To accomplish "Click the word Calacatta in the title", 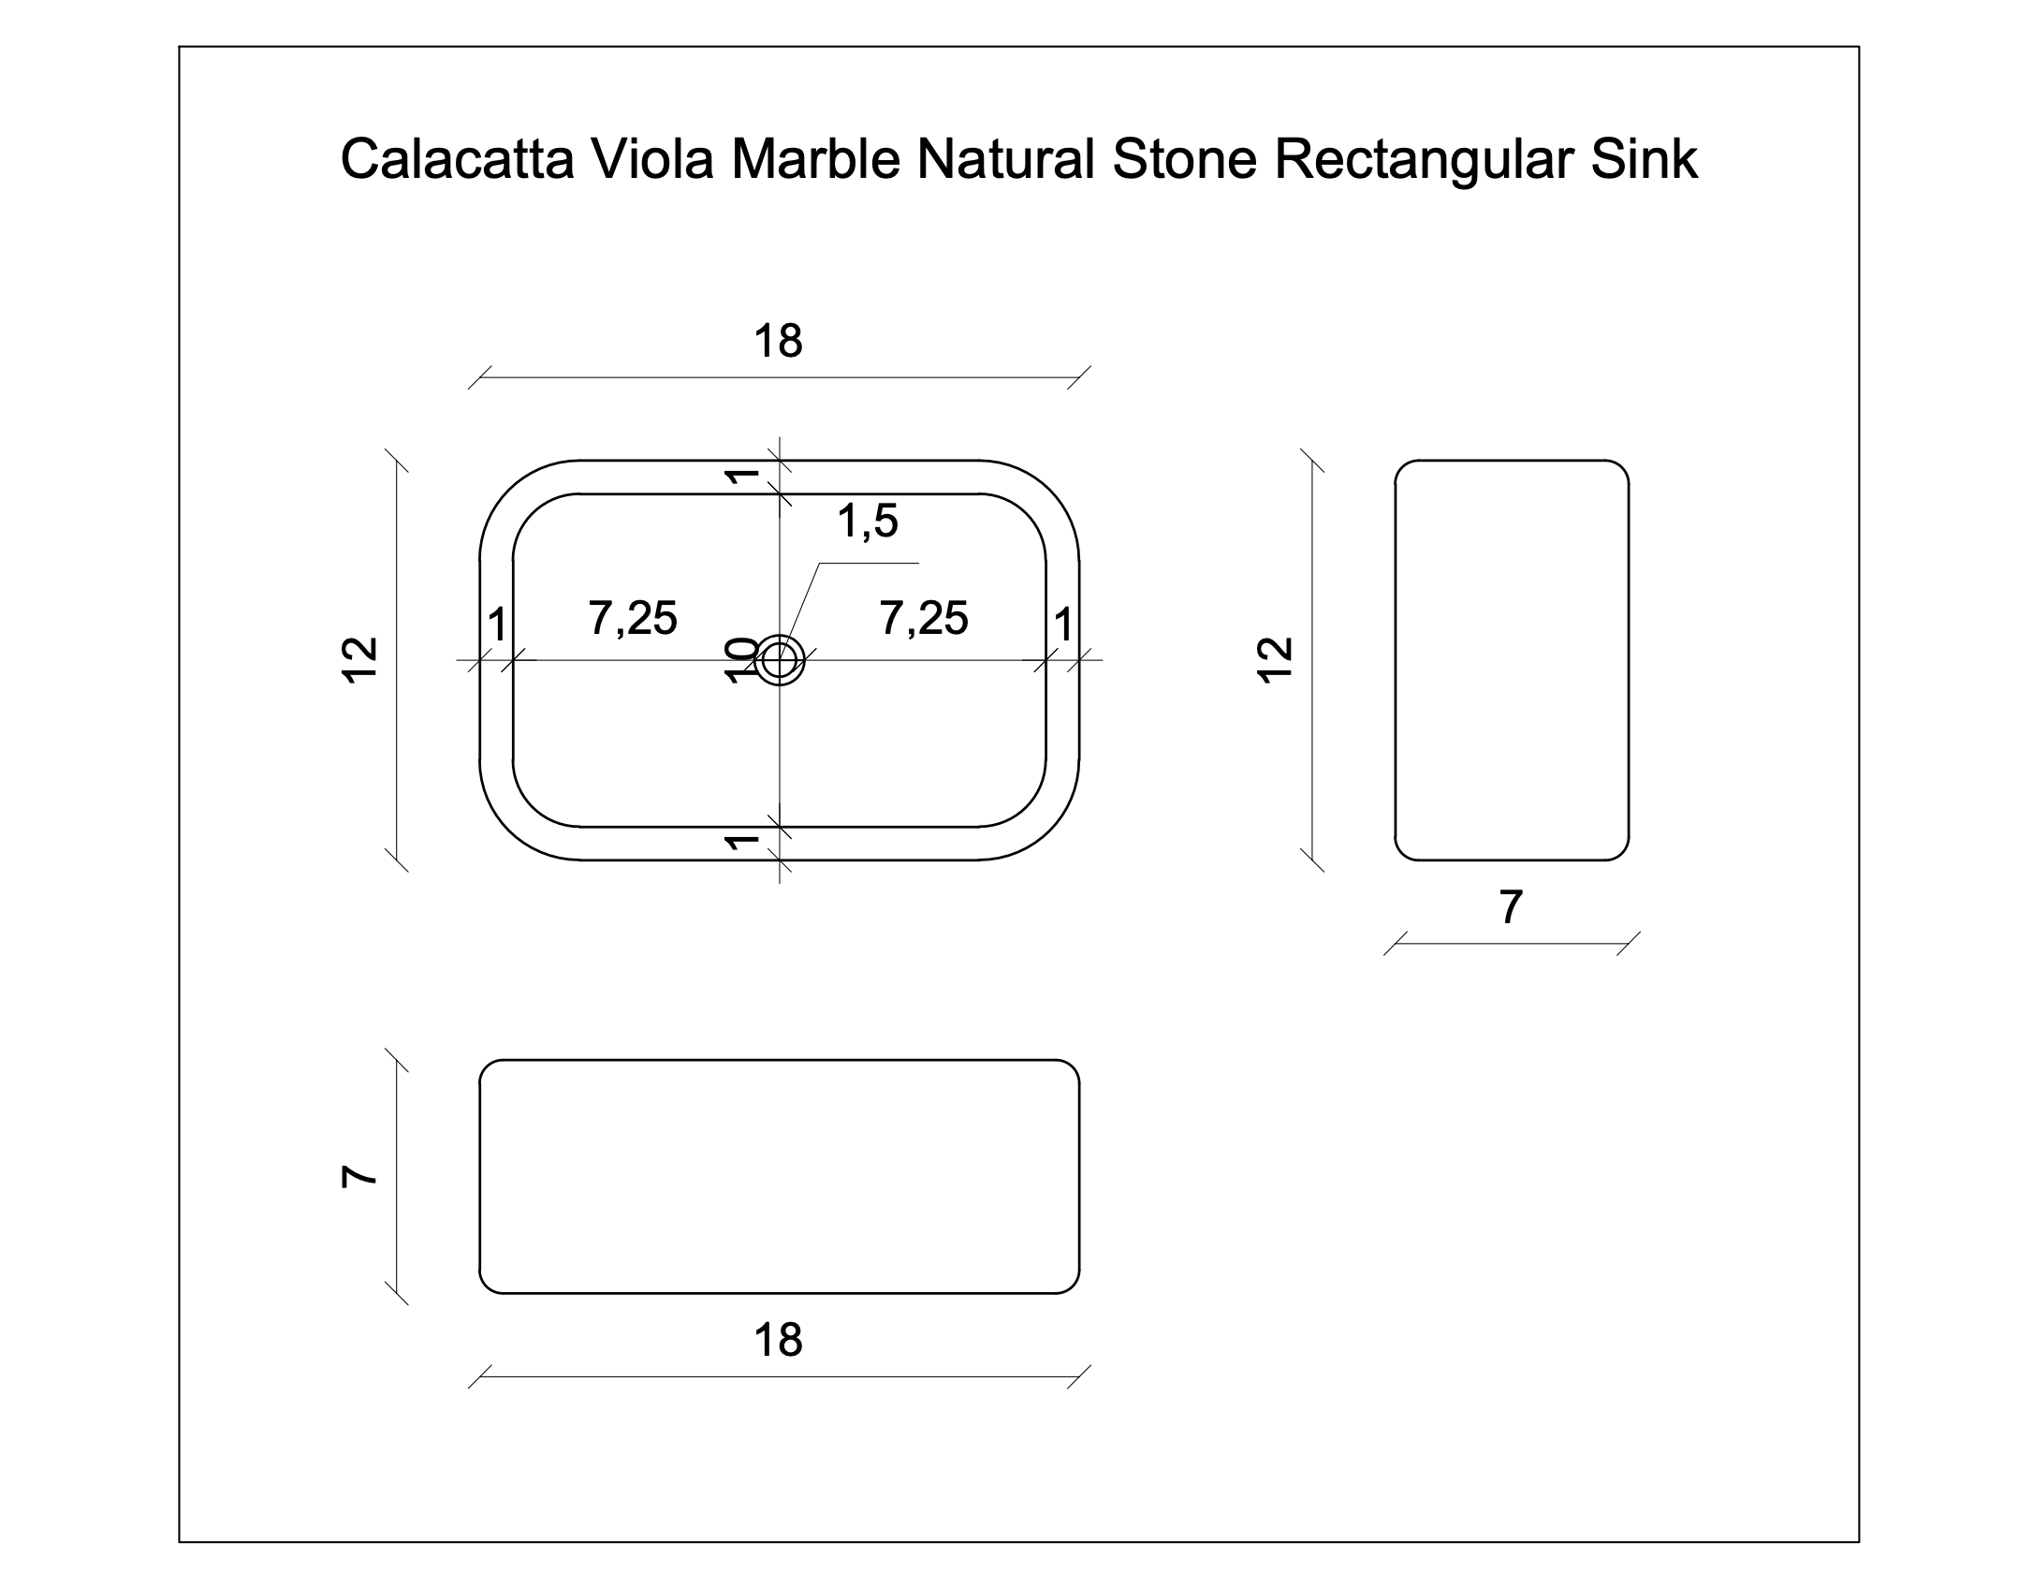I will [456, 159].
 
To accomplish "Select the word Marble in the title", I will [814, 159].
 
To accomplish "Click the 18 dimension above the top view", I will [778, 342].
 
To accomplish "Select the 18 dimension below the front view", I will [778, 1341].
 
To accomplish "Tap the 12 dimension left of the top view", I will [360, 660].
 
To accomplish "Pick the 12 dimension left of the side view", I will [1276, 660].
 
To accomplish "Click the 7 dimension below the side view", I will [1511, 907].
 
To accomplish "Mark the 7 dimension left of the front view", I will [360, 1177].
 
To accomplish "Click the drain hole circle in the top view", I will [779, 661].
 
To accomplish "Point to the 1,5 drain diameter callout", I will [868, 522].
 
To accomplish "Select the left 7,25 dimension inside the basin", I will [633, 619].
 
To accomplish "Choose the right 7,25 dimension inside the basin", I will [924, 619].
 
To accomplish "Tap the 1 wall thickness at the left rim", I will [497, 625].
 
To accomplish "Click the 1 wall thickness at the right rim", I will [1063, 625].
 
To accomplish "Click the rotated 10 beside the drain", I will [742, 660].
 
